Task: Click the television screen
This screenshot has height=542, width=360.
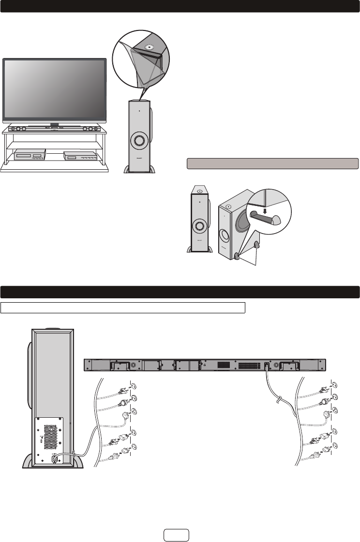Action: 54,88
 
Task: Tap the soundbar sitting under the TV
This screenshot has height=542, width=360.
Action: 54,129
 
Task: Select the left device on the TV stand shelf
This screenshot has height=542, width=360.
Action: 30,155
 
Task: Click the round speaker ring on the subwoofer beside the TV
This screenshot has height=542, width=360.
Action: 139,141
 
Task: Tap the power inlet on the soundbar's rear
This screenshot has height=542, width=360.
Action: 266,366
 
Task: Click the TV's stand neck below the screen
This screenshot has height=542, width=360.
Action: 54,124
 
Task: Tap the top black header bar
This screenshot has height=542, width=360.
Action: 180,6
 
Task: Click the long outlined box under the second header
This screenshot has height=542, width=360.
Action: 123,308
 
